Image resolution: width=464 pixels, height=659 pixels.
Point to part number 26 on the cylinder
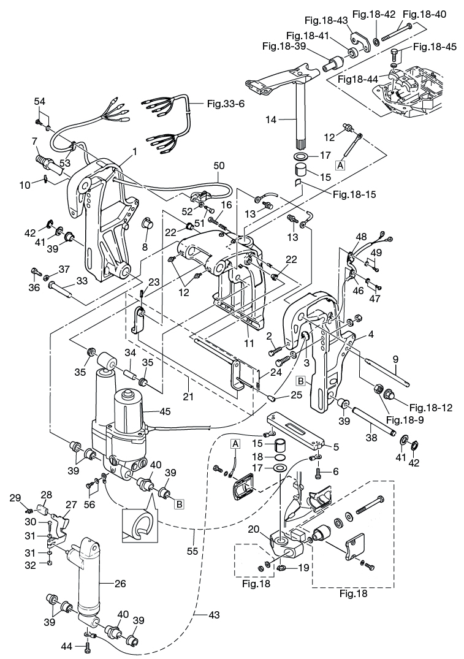point(120,583)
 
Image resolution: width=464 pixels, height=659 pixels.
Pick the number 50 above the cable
point(219,166)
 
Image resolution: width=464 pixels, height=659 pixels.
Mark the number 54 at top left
point(39,100)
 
